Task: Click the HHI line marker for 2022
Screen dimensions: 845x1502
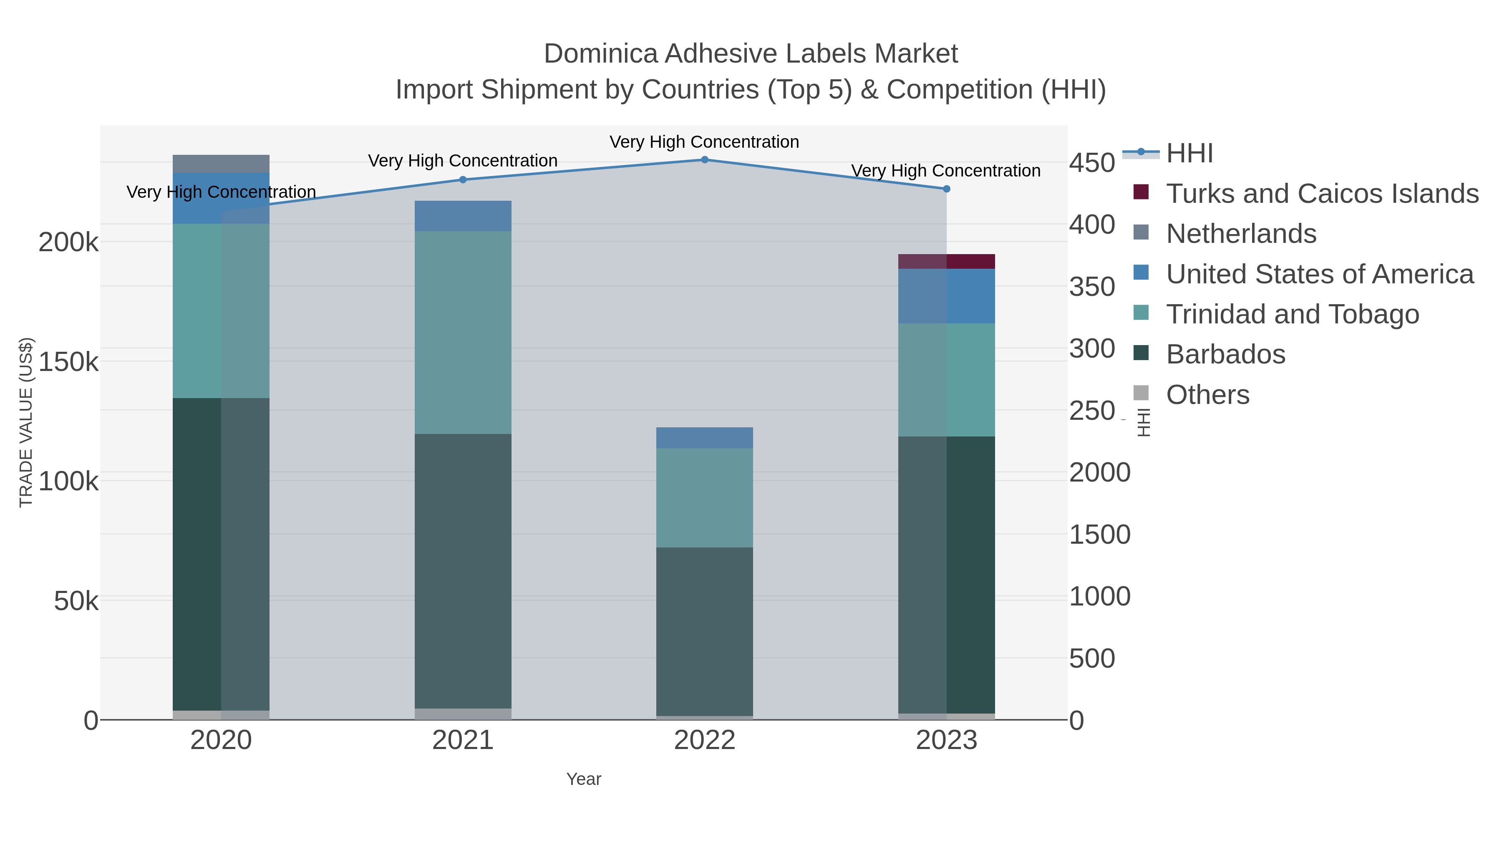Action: click(704, 160)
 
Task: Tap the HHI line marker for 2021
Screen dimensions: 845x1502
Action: click(463, 179)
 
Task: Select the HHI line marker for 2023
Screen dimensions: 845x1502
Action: click(946, 189)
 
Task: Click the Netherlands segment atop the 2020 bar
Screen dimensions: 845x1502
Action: click(221, 164)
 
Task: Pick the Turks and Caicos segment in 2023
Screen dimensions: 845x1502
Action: click(946, 261)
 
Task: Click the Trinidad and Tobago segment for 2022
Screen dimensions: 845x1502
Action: click(704, 497)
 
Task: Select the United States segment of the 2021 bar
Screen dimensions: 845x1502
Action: click(463, 216)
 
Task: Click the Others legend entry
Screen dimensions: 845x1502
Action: click(1207, 395)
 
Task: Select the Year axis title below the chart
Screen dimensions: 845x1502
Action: click(584, 779)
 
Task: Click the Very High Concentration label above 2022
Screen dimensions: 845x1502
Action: click(704, 142)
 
